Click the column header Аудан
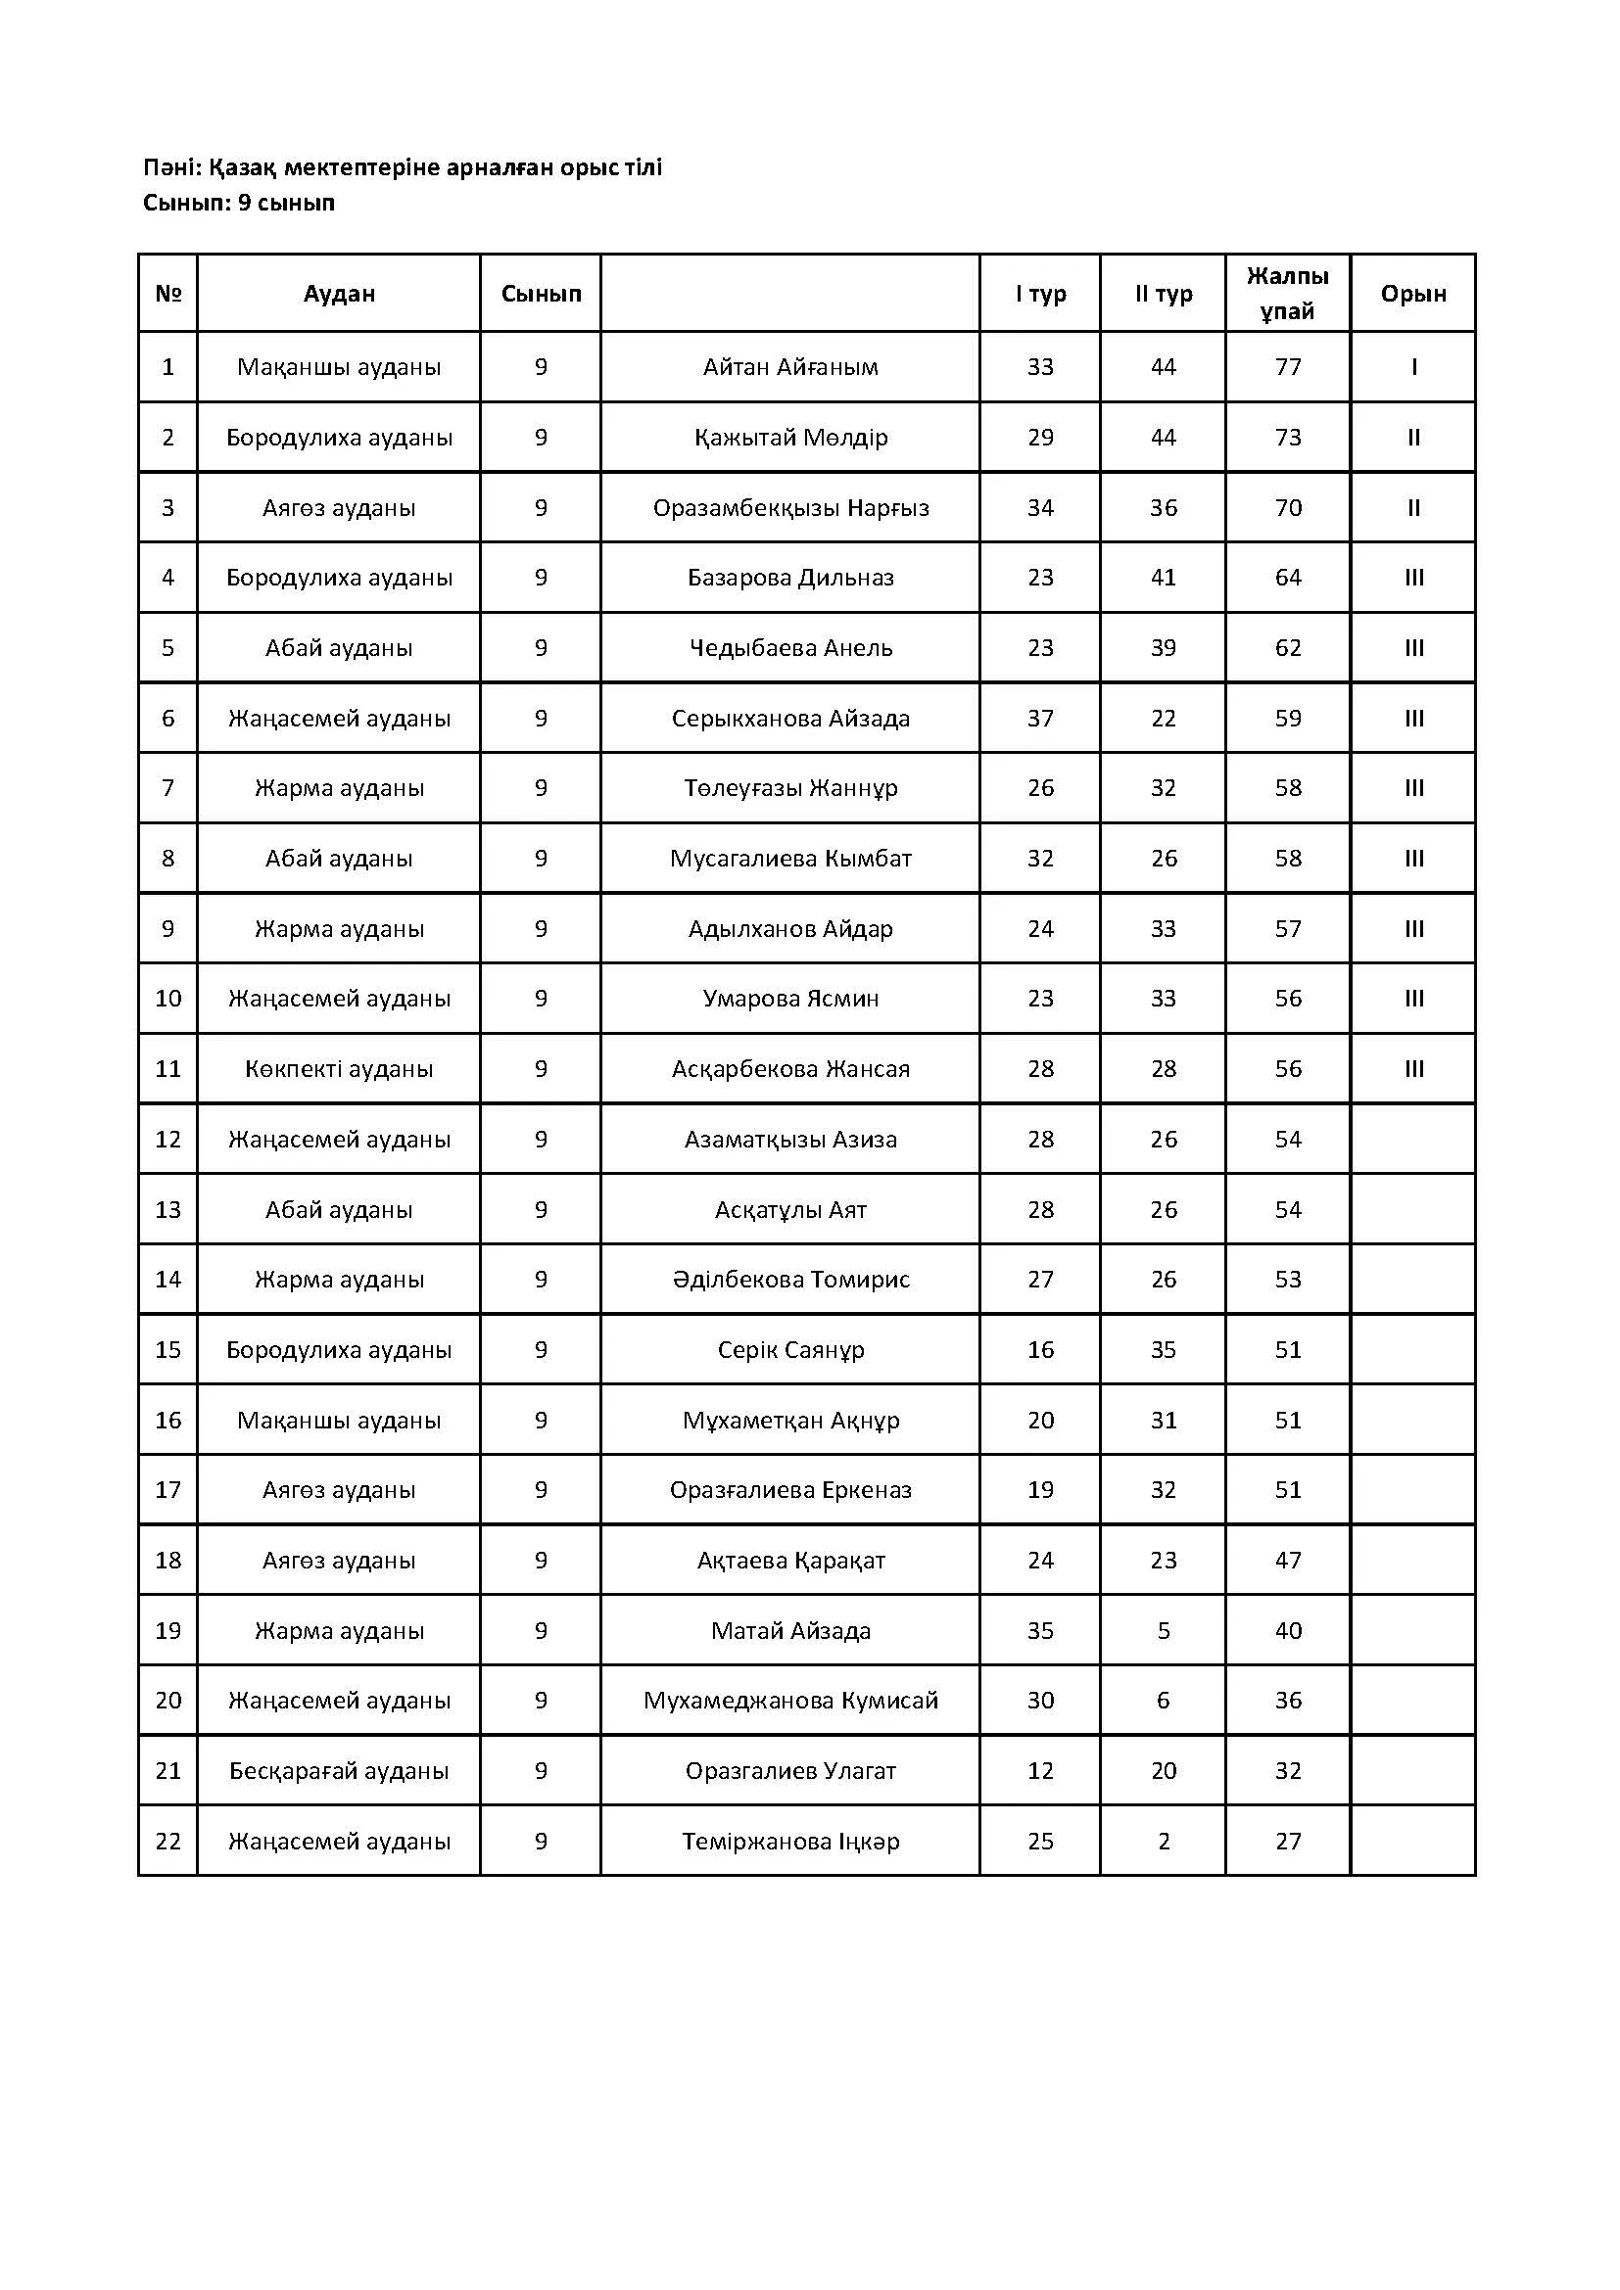pyautogui.click(x=339, y=294)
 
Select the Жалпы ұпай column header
pyautogui.click(x=1287, y=294)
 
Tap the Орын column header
pyautogui.click(x=1412, y=294)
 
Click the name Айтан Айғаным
pyautogui.click(x=790, y=367)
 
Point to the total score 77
pyautogui.click(x=1288, y=367)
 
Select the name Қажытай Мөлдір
pyautogui.click(x=790, y=438)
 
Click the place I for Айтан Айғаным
pyautogui.click(x=1413, y=367)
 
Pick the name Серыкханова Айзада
pyautogui.click(x=790, y=718)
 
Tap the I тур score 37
pyautogui.click(x=1040, y=718)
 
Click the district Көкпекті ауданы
pyautogui.click(x=339, y=1069)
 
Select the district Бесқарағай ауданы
pyautogui.click(x=339, y=1771)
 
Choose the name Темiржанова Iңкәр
pyautogui.click(x=790, y=1842)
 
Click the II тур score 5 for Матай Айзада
pyautogui.click(x=1164, y=1631)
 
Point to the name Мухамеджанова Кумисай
pyautogui.click(x=790, y=1701)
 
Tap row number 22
pyautogui.click(x=167, y=1842)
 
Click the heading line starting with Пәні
pyautogui.click(x=402, y=167)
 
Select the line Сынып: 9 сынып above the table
pyautogui.click(x=238, y=204)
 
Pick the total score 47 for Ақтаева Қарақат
pyautogui.click(x=1288, y=1561)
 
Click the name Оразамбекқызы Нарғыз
pyautogui.click(x=790, y=508)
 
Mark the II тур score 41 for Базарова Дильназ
pyautogui.click(x=1164, y=578)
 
